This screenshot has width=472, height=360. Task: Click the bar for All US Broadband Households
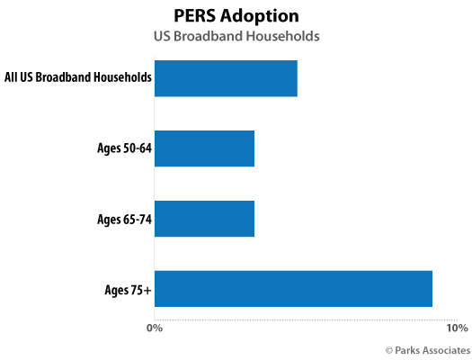coord(226,78)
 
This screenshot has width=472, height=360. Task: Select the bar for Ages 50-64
coord(204,148)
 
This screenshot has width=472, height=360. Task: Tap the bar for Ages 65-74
coord(204,218)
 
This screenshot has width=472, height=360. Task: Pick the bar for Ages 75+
coord(293,288)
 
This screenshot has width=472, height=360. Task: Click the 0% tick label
coord(155,327)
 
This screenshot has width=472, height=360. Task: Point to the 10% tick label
coord(457,327)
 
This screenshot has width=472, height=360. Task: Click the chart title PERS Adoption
coord(235,16)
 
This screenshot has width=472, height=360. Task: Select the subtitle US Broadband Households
coord(235,37)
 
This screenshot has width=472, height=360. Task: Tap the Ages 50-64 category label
coord(123,148)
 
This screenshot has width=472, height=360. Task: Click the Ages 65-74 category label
coord(123,218)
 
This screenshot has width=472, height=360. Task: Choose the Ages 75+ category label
coord(128,289)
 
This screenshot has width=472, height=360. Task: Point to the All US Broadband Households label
coord(77,78)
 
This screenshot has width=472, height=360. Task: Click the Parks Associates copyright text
coord(427,349)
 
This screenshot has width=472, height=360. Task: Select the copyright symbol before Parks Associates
coord(389,349)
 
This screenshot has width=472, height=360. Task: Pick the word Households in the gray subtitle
coord(283,37)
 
